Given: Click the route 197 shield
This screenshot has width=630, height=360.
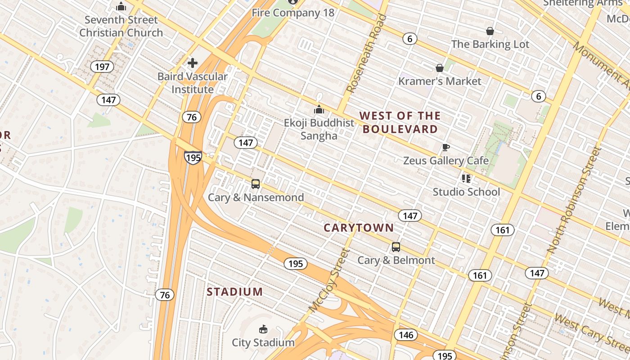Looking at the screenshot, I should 102,67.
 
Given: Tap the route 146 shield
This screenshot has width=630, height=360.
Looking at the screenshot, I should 406,335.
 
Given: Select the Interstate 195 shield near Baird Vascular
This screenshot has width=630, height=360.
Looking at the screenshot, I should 193,157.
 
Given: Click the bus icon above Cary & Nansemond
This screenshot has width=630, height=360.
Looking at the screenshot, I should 256,184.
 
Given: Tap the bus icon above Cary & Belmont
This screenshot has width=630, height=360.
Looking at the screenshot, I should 396,247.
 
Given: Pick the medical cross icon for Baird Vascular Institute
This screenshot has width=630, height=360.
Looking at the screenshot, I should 193,63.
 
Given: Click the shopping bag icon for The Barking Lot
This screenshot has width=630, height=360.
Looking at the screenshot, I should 490,31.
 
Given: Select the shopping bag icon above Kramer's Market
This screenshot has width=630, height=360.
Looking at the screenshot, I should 440,68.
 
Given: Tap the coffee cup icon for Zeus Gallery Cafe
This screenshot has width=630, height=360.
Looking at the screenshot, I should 445,148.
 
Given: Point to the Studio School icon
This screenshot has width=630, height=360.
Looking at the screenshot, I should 466,179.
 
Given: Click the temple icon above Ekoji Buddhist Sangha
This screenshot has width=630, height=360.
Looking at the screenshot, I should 319,109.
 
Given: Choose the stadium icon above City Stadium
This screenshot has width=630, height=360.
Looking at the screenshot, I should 263,329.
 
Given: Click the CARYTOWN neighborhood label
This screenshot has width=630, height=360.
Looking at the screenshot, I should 359,228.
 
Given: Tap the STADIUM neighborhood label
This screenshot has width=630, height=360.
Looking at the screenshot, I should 235,292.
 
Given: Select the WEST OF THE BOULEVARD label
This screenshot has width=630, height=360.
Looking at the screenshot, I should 400,122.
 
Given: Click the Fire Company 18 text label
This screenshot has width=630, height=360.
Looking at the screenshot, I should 293,13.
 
